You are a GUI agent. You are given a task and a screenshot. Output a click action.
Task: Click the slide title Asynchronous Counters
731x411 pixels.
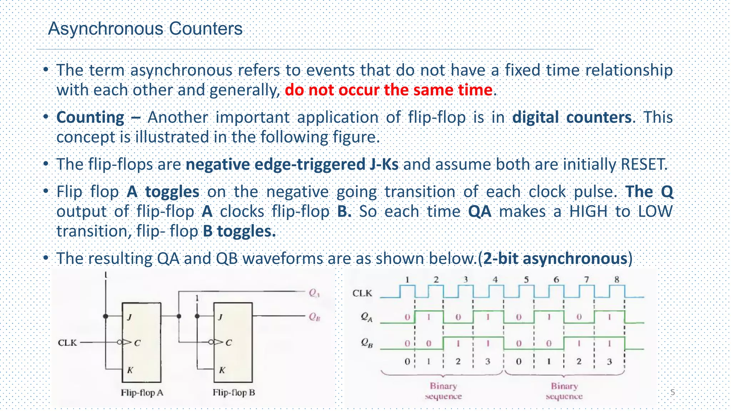(145, 29)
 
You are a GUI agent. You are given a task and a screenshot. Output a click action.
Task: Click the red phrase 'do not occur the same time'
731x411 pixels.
(388, 90)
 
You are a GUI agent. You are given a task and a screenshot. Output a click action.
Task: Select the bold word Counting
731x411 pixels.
(90, 117)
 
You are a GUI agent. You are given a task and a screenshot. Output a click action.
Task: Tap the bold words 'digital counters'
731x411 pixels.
(572, 117)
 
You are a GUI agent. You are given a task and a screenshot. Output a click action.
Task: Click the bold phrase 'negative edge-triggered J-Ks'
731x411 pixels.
(292, 164)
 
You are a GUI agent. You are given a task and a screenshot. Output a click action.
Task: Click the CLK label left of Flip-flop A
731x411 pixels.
(67, 343)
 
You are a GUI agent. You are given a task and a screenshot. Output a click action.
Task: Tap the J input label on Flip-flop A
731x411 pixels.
(129, 317)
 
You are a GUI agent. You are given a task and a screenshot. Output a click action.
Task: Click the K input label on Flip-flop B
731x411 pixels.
(222, 370)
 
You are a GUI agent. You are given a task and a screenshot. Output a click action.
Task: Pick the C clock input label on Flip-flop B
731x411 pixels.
(228, 343)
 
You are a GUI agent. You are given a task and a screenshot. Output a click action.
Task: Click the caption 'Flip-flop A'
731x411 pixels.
(142, 393)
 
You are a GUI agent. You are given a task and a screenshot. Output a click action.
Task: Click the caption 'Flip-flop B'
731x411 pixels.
(234, 393)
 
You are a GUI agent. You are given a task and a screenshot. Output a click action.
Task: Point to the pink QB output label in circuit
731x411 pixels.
(314, 317)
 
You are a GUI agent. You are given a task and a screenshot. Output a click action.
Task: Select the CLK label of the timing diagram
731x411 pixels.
(362, 293)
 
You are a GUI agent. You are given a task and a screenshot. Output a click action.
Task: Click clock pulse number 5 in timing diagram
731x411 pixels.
(526, 280)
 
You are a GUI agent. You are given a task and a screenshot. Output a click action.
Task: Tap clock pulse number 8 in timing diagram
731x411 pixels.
(617, 280)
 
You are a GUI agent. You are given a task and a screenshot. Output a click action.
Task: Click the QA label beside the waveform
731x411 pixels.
(366, 317)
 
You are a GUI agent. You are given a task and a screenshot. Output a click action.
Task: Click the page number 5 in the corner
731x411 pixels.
(672, 392)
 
